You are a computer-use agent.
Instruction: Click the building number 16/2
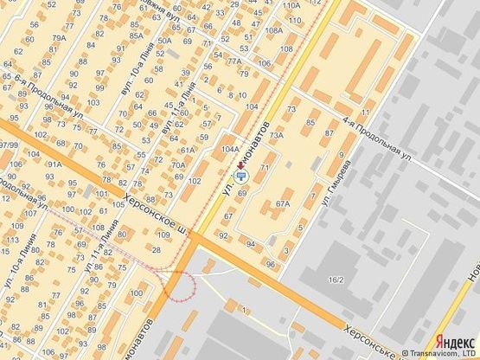[x=336, y=280]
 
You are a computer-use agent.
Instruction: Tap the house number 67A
[x=282, y=203]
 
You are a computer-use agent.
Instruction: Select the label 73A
[x=277, y=136]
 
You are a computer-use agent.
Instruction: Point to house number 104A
[x=230, y=149]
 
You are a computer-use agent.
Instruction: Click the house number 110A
[x=290, y=5]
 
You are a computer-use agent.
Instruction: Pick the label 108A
[x=274, y=30]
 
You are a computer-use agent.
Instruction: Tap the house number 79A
[x=59, y=39]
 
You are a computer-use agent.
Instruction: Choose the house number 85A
[x=137, y=35]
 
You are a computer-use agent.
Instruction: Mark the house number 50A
[x=164, y=41]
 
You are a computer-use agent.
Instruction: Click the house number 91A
[x=54, y=163]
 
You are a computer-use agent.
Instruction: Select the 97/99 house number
[x=9, y=145]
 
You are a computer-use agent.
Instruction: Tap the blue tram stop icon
[x=241, y=176]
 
